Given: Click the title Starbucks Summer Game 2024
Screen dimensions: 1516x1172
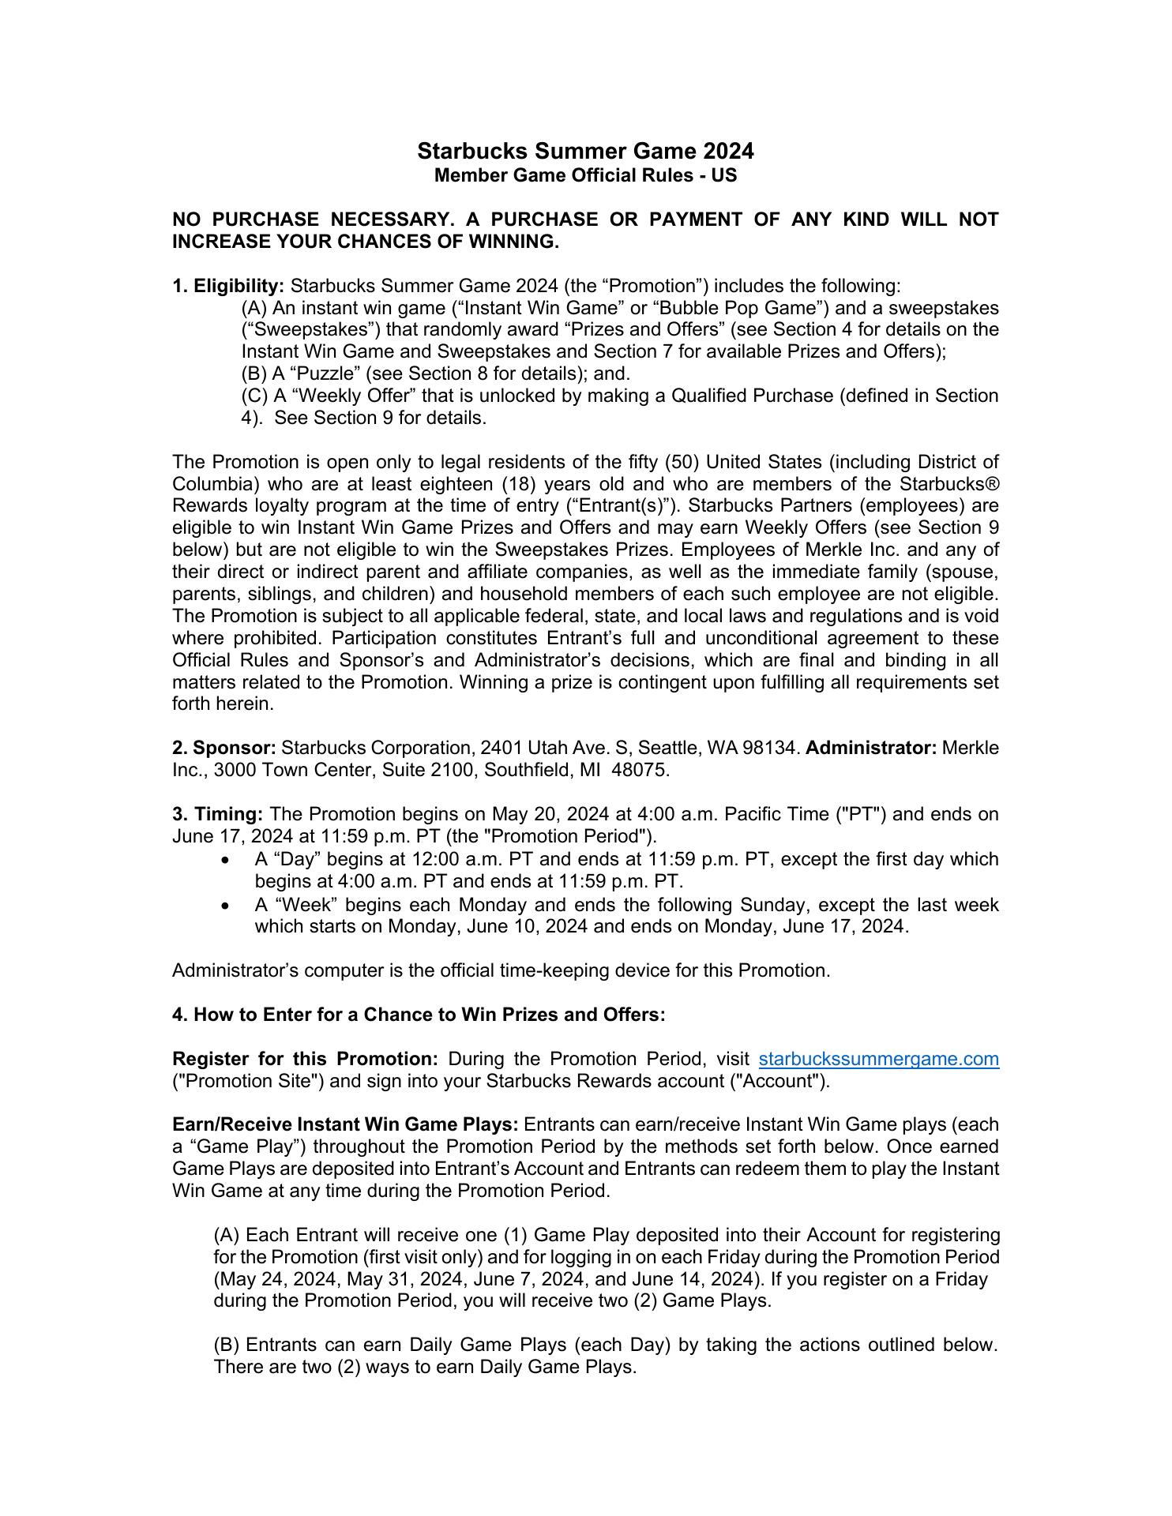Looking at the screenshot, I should click(585, 151).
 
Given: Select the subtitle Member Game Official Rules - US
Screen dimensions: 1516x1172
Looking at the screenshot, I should click(585, 175).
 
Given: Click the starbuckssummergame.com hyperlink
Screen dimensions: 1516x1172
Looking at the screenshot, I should click(878, 1059).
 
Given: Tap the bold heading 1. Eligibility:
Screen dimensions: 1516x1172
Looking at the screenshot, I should click(228, 285).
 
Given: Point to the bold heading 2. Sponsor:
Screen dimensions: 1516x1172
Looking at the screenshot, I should click(224, 748).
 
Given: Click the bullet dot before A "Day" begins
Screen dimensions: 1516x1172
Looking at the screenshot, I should click(227, 860).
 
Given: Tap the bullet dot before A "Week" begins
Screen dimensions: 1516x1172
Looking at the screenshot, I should click(227, 906).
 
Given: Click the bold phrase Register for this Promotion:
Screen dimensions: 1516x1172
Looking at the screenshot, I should click(305, 1059).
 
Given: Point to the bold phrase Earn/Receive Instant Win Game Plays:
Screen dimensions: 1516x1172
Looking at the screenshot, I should click(345, 1124).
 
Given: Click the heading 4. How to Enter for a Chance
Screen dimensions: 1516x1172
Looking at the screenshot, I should click(419, 1015).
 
